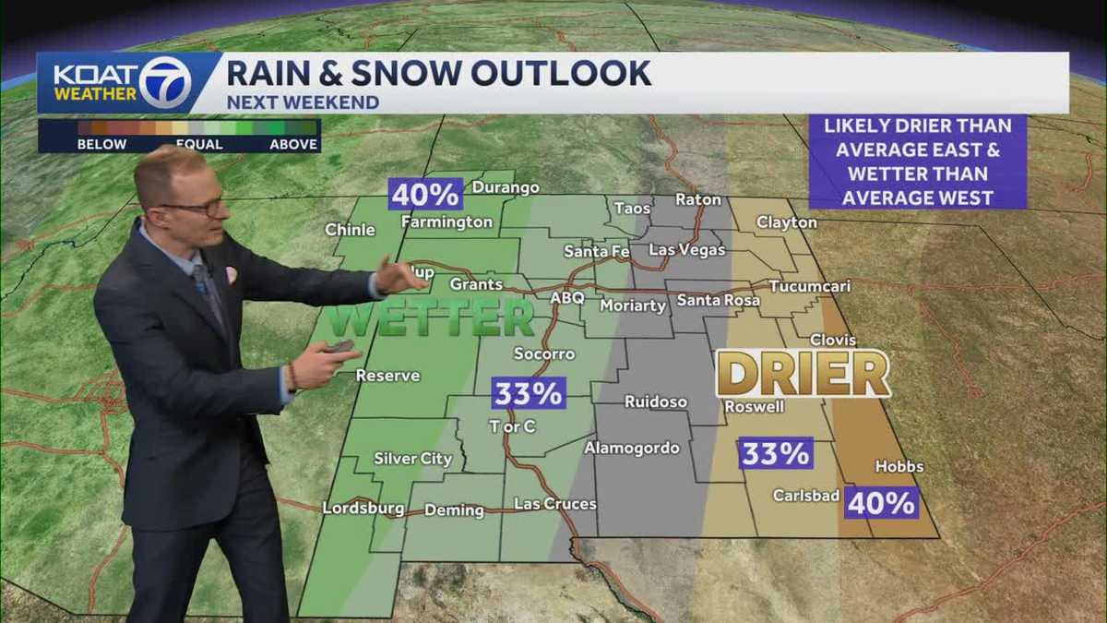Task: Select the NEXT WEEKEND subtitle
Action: (x=303, y=102)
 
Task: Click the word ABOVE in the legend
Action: (x=293, y=144)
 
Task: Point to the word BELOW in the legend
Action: (x=101, y=144)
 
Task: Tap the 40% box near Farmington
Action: (x=424, y=195)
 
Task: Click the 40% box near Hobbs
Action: (x=882, y=503)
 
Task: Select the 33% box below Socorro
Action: (x=528, y=393)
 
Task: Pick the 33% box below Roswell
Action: (x=775, y=453)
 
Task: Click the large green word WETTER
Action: (x=432, y=319)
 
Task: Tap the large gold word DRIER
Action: (x=803, y=374)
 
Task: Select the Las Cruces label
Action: (x=554, y=504)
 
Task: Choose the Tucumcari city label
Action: (x=809, y=287)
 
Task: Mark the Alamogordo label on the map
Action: (x=632, y=449)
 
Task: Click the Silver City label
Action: (x=412, y=459)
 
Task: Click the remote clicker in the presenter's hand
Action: (x=339, y=347)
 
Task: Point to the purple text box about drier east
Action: (x=917, y=162)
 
